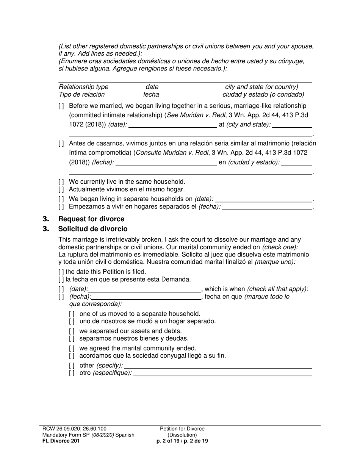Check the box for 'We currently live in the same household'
(x=61, y=182)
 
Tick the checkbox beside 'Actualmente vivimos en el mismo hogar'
(x=61, y=189)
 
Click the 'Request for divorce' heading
(x=91, y=219)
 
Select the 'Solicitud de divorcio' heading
(x=93, y=229)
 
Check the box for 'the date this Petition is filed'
(x=61, y=272)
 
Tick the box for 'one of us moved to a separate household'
(x=72, y=314)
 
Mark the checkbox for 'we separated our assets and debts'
(x=72, y=331)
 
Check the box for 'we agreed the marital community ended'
(x=72, y=348)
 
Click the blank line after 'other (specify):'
(x=218, y=366)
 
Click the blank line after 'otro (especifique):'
(x=223, y=373)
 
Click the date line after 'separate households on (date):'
(x=263, y=199)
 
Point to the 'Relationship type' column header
(x=83, y=87)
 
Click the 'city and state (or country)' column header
(x=261, y=87)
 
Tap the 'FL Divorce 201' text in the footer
(x=61, y=441)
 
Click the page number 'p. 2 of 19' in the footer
(x=165, y=441)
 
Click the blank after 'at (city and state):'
(x=292, y=125)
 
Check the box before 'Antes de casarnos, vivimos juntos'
(x=61, y=144)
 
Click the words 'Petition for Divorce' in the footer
(x=182, y=429)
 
